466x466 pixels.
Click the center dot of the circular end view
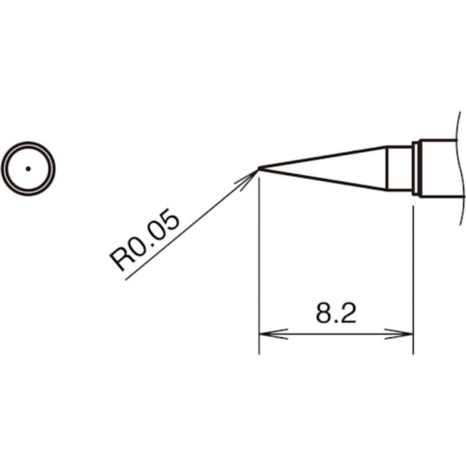pos(28,168)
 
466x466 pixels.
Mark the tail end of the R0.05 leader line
pos(126,278)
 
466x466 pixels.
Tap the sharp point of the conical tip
pos(260,168)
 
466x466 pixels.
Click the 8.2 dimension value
pos(336,313)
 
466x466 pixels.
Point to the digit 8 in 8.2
pos(324,313)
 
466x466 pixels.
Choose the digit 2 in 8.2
pos(348,313)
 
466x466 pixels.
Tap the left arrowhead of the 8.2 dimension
pos(266,334)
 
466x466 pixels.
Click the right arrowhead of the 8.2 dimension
pos(407,334)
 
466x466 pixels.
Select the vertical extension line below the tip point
pos(259,266)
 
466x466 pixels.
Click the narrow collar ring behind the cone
pos(415,168)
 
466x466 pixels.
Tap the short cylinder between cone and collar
pos(399,168)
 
